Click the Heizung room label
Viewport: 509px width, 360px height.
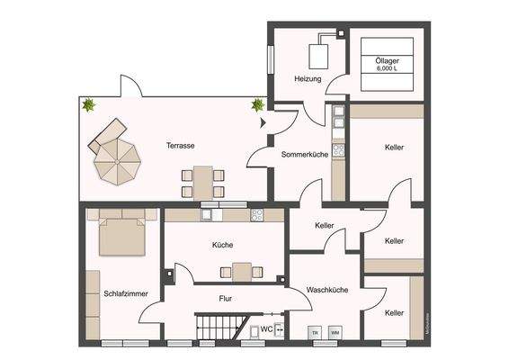point(308,80)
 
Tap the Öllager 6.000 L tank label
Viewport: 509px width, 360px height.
point(388,65)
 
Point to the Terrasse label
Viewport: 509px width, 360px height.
point(181,145)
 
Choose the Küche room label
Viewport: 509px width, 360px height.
point(223,244)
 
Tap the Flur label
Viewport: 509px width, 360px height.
point(227,297)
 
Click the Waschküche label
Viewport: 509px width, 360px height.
point(327,290)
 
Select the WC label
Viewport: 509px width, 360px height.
point(266,329)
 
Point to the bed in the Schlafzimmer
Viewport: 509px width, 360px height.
point(121,234)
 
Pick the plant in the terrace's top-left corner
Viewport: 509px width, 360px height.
point(89,106)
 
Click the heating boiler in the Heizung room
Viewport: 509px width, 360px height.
point(319,55)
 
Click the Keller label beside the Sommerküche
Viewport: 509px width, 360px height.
point(393,147)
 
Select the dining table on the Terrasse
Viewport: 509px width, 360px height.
point(203,182)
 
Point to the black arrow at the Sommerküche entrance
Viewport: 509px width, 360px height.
point(263,121)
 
